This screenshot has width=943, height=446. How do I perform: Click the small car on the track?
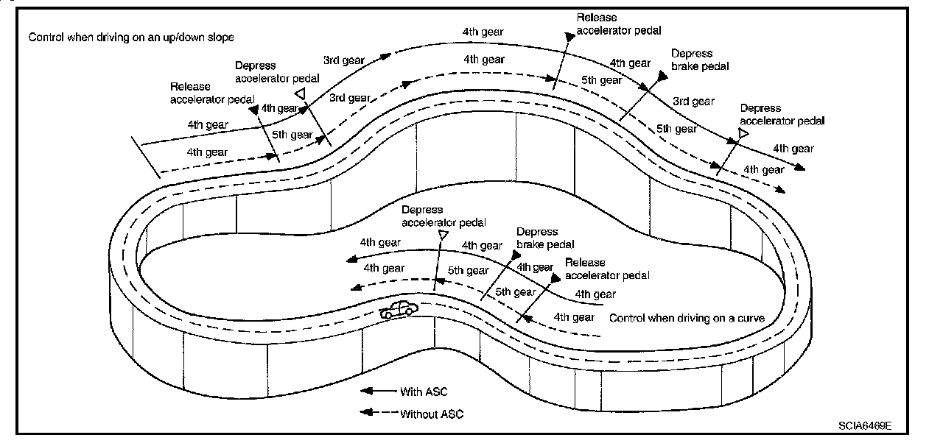coord(399,310)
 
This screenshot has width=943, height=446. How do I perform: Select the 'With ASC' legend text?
coord(424,392)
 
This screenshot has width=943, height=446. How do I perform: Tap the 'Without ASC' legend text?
coord(432,414)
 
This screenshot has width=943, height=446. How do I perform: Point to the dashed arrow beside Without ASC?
coord(376,414)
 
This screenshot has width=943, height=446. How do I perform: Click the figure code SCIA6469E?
coord(864,426)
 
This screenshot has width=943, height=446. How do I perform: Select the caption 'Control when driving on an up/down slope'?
coord(131,37)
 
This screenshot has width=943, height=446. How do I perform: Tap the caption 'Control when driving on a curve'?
coord(687,318)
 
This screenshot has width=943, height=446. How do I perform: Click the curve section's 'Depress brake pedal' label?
coord(546,238)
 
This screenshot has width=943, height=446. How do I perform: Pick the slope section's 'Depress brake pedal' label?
coord(693,60)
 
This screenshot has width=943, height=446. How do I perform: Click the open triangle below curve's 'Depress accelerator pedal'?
coord(443,234)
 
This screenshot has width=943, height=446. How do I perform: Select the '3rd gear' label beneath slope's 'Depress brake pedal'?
coord(693,102)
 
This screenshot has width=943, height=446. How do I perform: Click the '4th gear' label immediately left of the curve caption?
coord(574,317)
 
